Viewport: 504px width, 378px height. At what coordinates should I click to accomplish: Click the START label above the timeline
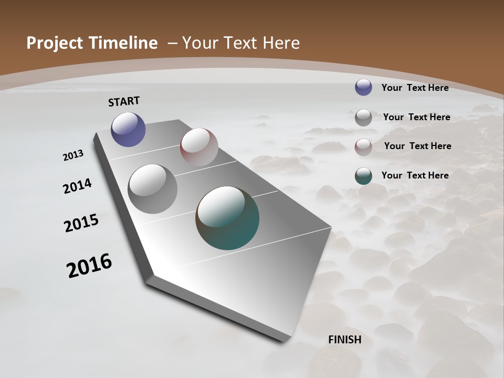[x=124, y=101]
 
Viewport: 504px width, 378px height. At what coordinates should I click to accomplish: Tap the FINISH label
[x=345, y=340]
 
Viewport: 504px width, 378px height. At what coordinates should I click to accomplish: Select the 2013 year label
[x=73, y=155]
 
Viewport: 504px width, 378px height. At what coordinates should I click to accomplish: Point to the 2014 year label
[x=78, y=186]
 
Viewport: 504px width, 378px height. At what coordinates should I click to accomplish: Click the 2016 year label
[x=89, y=265]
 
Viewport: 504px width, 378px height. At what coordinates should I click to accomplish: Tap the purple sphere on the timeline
[x=128, y=129]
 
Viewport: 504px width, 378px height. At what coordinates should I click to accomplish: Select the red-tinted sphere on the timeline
[x=199, y=147]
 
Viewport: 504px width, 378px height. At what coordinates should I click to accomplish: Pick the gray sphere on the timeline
[x=152, y=189]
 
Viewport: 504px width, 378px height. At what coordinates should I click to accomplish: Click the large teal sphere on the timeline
[x=227, y=218]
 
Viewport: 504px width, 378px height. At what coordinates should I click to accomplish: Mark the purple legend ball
[x=363, y=87]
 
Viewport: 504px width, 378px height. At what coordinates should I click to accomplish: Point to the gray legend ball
[x=363, y=117]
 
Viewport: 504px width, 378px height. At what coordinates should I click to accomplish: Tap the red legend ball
[x=363, y=146]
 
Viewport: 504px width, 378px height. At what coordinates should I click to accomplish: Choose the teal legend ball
[x=363, y=176]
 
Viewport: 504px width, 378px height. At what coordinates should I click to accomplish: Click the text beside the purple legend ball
[x=415, y=88]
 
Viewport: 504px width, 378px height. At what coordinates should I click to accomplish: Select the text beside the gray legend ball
[x=416, y=117]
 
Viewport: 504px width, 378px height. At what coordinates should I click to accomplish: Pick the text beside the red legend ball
[x=417, y=146]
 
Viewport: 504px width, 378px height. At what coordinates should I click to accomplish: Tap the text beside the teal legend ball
[x=415, y=175]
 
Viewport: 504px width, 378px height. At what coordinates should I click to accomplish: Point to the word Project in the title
[x=54, y=43]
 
